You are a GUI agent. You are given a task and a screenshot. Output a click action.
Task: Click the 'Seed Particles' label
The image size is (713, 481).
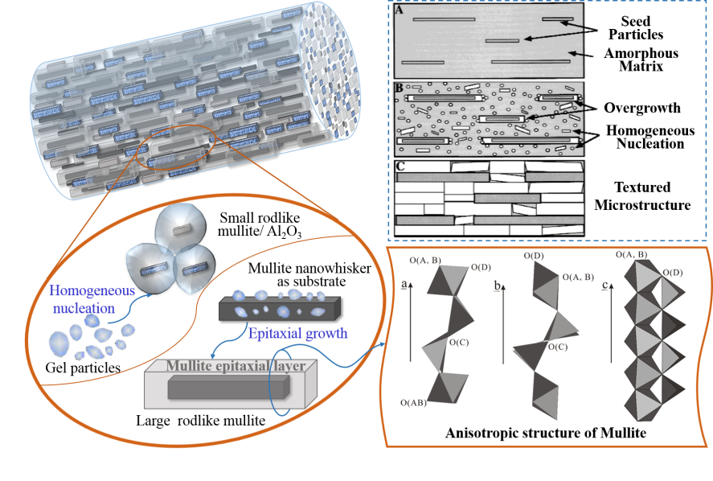(x=636, y=27)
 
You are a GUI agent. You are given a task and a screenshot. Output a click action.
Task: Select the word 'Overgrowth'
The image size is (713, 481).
(x=642, y=108)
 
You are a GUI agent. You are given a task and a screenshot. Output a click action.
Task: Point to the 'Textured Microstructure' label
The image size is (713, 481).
(x=641, y=196)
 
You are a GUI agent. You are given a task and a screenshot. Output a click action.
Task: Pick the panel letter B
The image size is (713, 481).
(x=400, y=87)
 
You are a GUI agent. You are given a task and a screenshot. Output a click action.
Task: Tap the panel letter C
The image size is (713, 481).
(x=400, y=166)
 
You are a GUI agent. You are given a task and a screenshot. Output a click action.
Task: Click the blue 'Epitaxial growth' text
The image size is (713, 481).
(x=297, y=333)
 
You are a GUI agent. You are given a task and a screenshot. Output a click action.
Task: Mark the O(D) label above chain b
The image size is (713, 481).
(x=534, y=256)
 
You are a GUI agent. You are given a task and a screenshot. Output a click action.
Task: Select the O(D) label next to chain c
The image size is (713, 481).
(x=673, y=273)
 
